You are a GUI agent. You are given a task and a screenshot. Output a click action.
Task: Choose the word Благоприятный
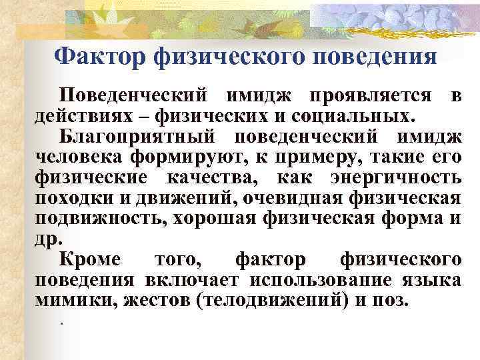pyautogui.click(x=139, y=138)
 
